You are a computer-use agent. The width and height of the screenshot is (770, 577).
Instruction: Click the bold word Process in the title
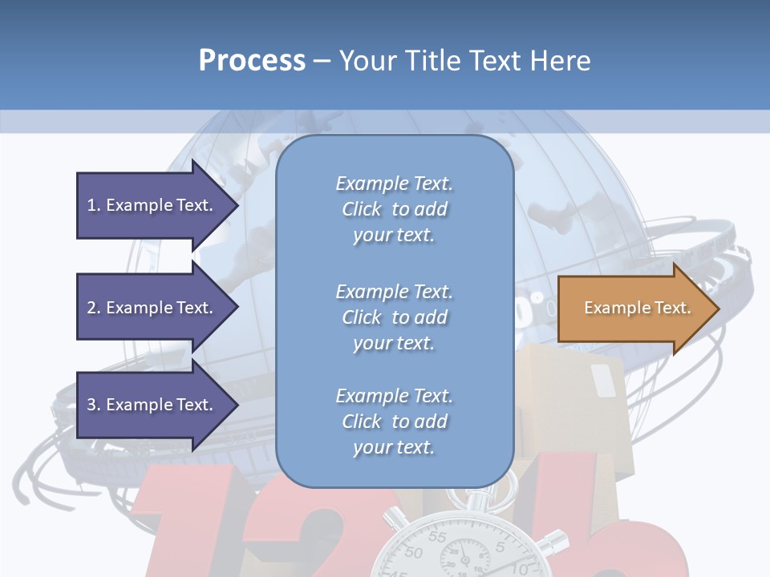pyautogui.click(x=252, y=60)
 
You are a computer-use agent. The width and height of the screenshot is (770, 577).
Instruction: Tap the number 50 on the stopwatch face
pyautogui.click(x=413, y=553)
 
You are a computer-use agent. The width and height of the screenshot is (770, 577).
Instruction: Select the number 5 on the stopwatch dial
pyautogui.click(x=500, y=548)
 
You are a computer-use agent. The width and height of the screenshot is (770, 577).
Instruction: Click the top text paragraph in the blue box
pyautogui.click(x=394, y=209)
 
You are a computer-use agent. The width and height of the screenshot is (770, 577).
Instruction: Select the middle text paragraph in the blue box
pyautogui.click(x=394, y=317)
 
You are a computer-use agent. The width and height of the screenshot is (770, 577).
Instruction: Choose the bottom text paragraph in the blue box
pyautogui.click(x=394, y=422)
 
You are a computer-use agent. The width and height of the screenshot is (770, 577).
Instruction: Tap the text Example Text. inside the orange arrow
pyautogui.click(x=638, y=308)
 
